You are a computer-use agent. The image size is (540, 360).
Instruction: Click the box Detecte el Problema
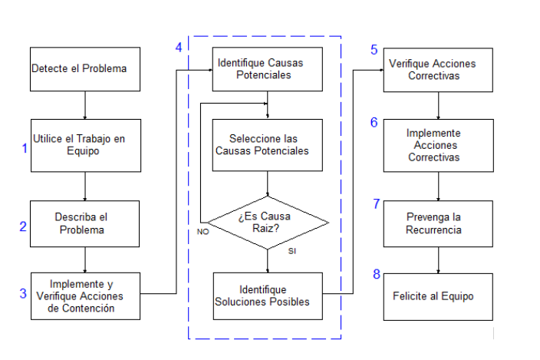[85, 69]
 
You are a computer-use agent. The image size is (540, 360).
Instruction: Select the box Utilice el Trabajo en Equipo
[85, 145]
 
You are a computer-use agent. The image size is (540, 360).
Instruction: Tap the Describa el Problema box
[85, 223]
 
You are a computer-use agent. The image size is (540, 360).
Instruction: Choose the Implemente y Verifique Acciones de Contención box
[85, 296]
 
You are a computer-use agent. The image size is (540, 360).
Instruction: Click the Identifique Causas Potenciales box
[267, 70]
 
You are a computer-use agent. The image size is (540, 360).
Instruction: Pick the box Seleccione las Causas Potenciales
[267, 145]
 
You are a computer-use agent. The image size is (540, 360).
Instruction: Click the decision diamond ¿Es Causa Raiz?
[268, 223]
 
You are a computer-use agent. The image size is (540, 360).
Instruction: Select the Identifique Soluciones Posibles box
[267, 296]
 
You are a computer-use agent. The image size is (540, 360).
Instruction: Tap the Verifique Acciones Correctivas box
[438, 70]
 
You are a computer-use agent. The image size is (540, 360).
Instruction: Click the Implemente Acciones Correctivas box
[438, 145]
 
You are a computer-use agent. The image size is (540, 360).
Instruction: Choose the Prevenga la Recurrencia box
[438, 223]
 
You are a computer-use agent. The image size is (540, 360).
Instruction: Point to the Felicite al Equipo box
[438, 296]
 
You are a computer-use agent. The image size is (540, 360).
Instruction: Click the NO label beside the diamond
[203, 230]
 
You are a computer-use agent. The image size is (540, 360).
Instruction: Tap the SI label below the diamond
[292, 252]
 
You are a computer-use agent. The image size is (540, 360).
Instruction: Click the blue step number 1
[25, 147]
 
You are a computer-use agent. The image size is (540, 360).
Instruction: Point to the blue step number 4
[179, 48]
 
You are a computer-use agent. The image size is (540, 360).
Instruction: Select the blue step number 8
[376, 274]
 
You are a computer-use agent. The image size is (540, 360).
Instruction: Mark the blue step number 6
[374, 123]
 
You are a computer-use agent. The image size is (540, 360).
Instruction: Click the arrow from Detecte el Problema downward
[85, 105]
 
